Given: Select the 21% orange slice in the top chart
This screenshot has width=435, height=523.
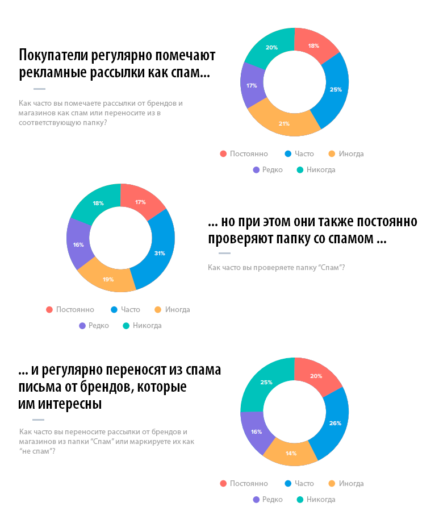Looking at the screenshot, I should click(x=284, y=122).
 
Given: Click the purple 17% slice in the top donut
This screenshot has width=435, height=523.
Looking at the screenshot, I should click(x=252, y=86).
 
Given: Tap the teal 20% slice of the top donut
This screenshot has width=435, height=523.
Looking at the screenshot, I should click(x=271, y=49).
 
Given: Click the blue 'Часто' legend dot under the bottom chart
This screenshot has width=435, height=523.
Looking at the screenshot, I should click(x=288, y=484).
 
